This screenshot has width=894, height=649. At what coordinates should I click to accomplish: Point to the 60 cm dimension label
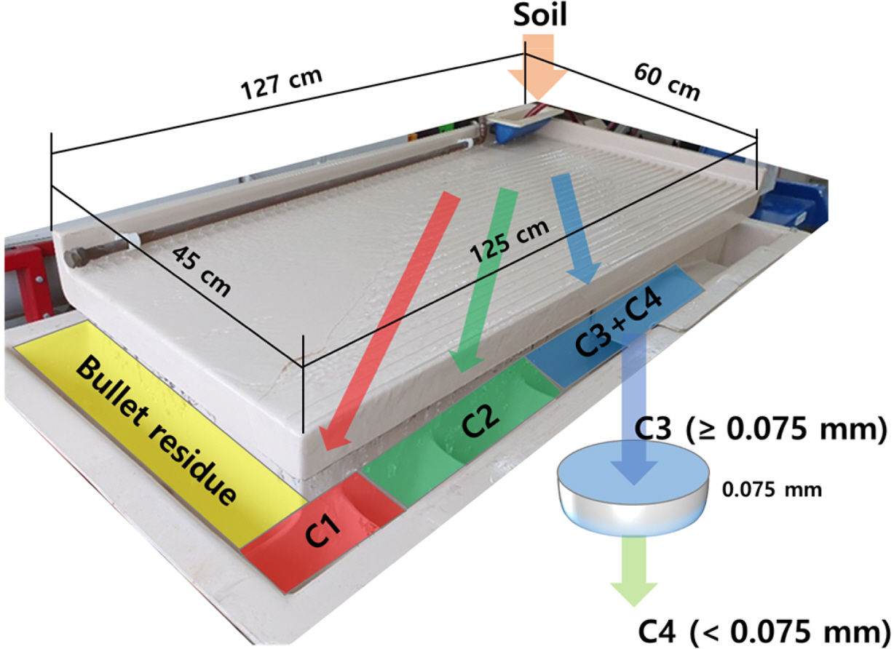[x=666, y=81]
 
